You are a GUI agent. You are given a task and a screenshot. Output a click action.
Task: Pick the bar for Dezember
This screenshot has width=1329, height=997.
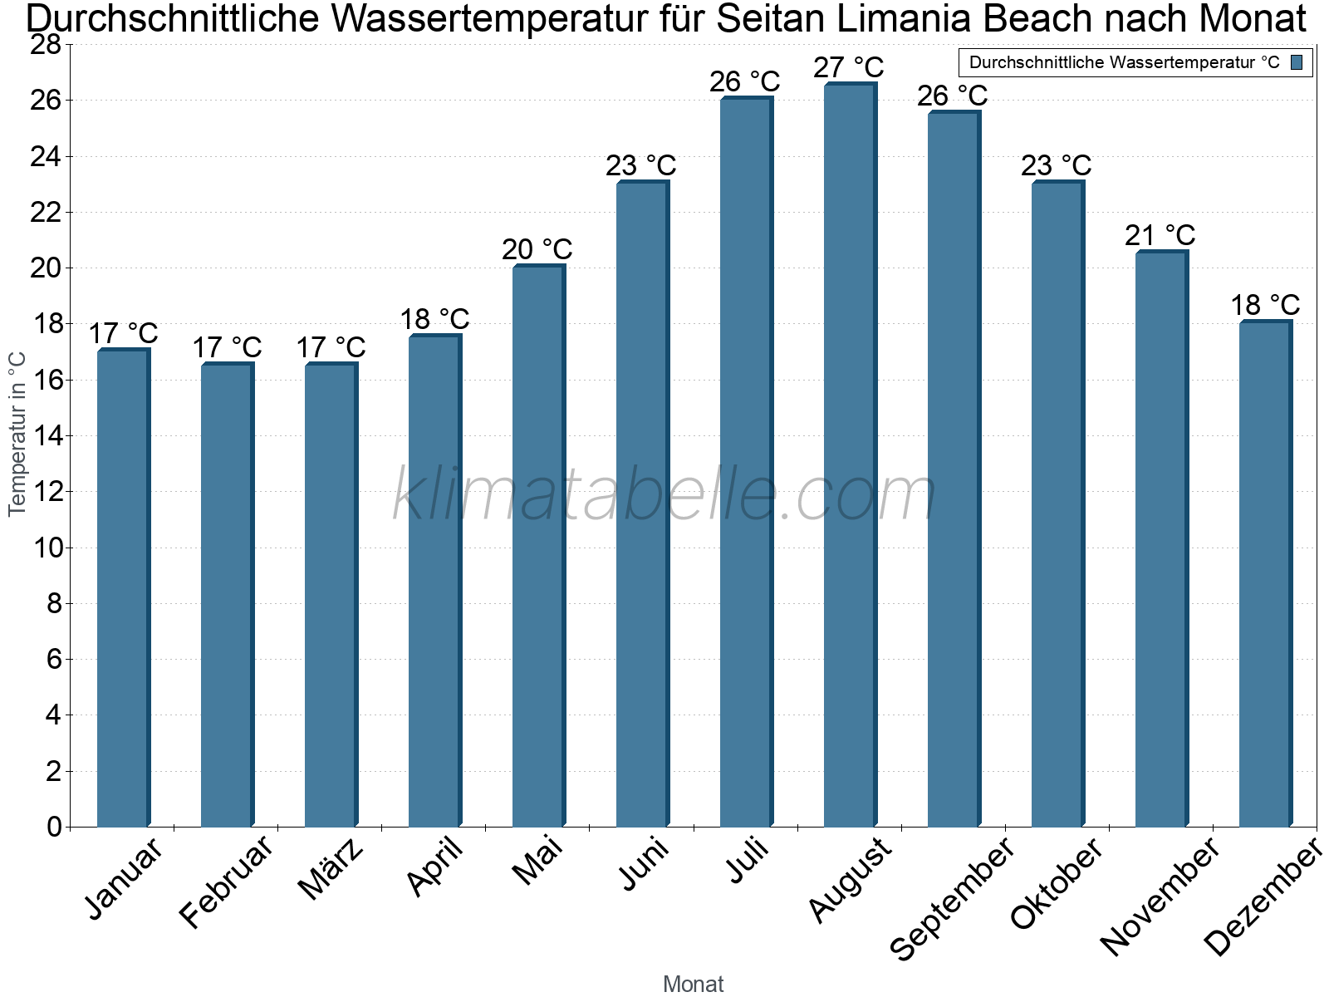[x=1265, y=574]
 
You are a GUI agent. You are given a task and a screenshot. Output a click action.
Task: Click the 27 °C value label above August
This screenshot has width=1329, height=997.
[x=849, y=67]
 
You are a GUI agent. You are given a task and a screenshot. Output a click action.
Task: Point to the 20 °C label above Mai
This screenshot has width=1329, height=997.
[x=537, y=249]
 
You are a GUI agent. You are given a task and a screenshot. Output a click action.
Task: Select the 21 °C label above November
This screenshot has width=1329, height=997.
[x=1160, y=236]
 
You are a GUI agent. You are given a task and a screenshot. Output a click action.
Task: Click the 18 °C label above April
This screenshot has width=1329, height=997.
[x=434, y=319]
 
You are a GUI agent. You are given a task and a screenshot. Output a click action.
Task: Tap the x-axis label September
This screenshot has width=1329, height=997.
[x=952, y=897]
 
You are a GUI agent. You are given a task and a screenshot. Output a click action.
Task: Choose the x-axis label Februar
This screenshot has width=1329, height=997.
[x=226, y=882]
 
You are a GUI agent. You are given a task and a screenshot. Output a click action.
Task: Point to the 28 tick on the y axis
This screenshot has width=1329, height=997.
[x=46, y=45]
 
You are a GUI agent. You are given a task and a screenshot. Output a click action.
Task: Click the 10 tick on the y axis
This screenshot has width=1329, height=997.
[x=46, y=548]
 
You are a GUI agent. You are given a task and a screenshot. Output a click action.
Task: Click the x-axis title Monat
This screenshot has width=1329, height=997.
[x=694, y=985]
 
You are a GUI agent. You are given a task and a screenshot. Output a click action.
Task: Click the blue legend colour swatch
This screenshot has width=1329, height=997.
[x=1297, y=62]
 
